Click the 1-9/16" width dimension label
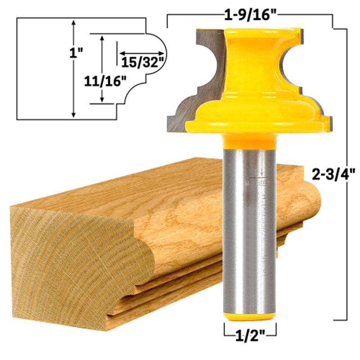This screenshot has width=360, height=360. tap(250, 15)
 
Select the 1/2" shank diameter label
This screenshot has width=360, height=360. tap(250, 335)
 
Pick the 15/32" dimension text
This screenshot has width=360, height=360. tap(141, 62)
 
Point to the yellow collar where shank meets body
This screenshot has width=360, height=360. tap(250, 140)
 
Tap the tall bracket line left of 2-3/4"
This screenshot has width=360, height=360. tap(345, 173)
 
